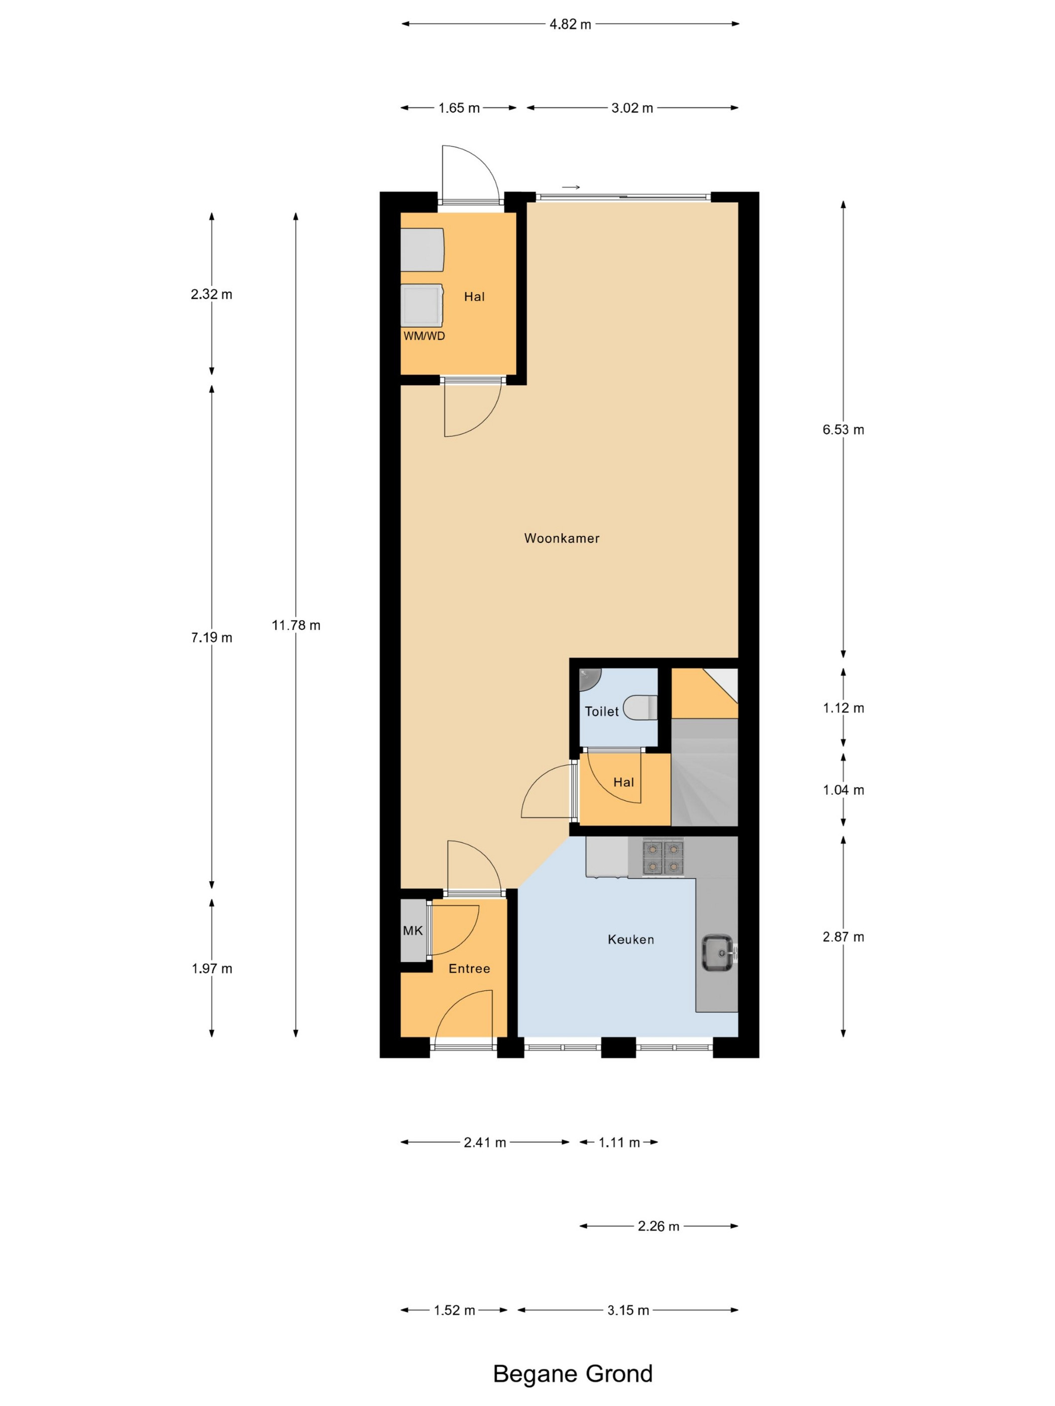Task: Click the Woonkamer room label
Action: (562, 538)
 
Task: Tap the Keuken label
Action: (631, 940)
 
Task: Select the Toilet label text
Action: (601, 711)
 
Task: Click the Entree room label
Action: (469, 969)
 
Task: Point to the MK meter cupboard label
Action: (413, 931)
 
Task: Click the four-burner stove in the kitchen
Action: (663, 857)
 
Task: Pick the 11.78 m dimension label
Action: (296, 626)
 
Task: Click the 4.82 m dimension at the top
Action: (570, 24)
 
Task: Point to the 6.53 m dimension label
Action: (843, 430)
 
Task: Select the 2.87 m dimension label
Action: (843, 937)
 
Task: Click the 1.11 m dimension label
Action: (619, 1143)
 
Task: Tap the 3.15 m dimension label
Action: (627, 1311)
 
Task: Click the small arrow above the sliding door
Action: (571, 187)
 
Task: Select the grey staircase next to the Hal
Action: (705, 772)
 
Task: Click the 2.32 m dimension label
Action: (212, 294)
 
